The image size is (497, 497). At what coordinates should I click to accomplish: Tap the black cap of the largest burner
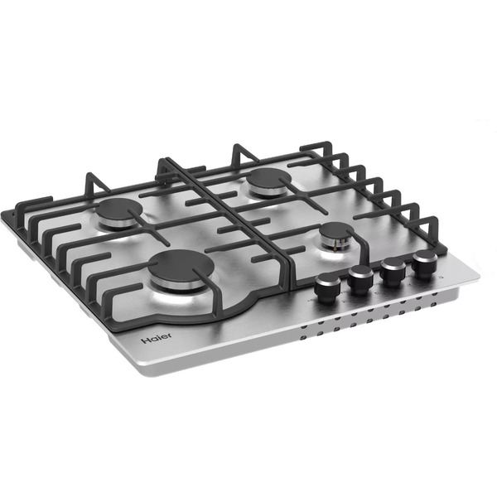tap(180, 267)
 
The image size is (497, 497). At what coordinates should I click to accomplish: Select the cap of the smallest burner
tap(336, 231)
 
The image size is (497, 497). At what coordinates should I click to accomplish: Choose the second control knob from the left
tap(361, 278)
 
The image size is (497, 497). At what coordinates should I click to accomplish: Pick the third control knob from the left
tap(393, 269)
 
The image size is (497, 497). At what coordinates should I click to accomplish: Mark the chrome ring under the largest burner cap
tap(180, 285)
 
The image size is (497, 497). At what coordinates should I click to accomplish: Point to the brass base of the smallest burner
tap(336, 244)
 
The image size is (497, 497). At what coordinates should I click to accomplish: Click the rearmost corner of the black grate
tap(319, 145)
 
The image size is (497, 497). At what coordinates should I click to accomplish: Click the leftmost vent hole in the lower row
tap(304, 338)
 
